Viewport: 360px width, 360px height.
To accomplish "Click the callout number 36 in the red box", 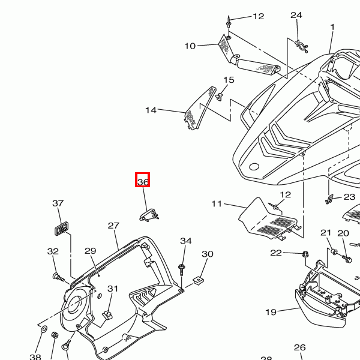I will coord(143,182).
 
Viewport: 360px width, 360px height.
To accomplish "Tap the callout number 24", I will coord(296,16).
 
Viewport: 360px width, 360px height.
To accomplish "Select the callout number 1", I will coord(332,27).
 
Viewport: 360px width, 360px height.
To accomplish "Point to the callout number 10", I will coord(190,46).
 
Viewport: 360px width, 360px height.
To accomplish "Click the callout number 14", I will coord(151,110).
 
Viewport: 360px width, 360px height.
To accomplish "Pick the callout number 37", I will coord(58,203).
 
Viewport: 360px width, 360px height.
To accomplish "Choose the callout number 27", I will coord(113,226).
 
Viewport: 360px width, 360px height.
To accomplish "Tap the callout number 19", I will coord(271,312).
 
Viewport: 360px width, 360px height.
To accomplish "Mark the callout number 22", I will coord(275,253).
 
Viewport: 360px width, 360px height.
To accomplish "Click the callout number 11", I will coord(217,204).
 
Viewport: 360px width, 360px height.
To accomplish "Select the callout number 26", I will coord(300,347).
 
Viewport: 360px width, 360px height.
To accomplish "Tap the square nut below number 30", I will coord(197,280).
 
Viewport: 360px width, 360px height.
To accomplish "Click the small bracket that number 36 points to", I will coord(150,214).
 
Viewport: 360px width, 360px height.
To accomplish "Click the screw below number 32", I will coord(59,277).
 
